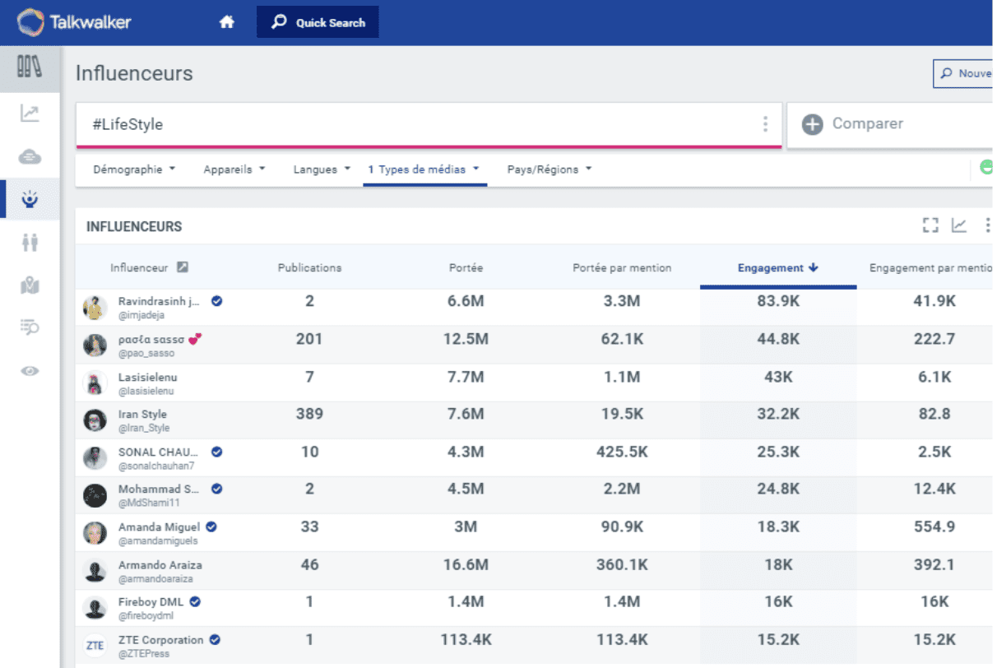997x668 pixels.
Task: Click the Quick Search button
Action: (x=318, y=22)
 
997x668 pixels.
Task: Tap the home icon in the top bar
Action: (x=227, y=22)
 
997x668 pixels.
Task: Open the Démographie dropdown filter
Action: (x=134, y=169)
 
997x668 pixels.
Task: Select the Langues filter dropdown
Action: (x=322, y=169)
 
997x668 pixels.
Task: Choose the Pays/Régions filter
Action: (x=549, y=169)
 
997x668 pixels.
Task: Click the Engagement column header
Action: (x=777, y=267)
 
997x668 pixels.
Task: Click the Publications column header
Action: (x=309, y=267)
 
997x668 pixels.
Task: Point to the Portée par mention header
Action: (x=622, y=267)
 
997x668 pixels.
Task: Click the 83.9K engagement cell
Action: (x=778, y=301)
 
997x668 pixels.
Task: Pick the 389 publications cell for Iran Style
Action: (x=309, y=414)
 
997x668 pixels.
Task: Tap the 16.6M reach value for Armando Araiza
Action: (x=466, y=564)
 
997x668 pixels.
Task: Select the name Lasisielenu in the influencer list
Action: (x=147, y=377)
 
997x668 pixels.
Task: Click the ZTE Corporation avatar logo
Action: (x=95, y=646)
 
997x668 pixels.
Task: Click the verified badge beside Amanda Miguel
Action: (x=211, y=527)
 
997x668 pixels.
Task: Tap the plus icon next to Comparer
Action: (x=812, y=124)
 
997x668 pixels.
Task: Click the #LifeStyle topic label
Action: (x=128, y=124)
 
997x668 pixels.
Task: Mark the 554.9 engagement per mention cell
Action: (x=934, y=527)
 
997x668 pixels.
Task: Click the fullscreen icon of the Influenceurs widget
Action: (x=930, y=225)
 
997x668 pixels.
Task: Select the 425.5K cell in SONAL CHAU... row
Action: (x=622, y=452)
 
